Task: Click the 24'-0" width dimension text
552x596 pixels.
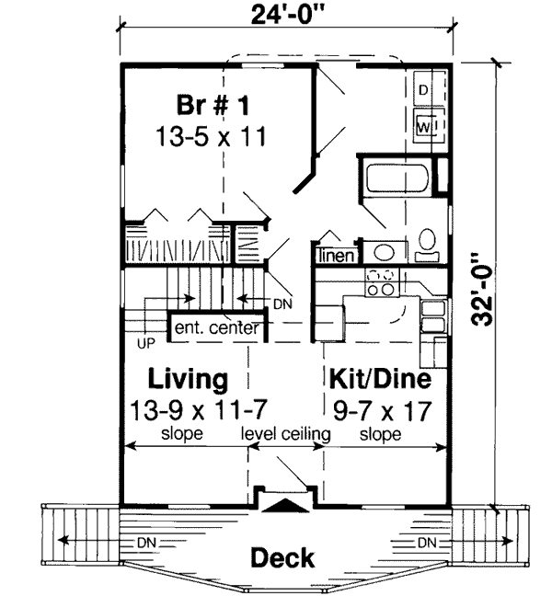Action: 288,15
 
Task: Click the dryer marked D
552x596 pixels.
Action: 424,90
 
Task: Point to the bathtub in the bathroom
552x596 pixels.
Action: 394,178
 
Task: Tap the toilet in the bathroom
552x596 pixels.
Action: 427,241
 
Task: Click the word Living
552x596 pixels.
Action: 189,379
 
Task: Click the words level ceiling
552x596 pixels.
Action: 285,433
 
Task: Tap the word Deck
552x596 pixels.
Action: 283,557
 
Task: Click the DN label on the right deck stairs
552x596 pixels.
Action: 427,542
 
